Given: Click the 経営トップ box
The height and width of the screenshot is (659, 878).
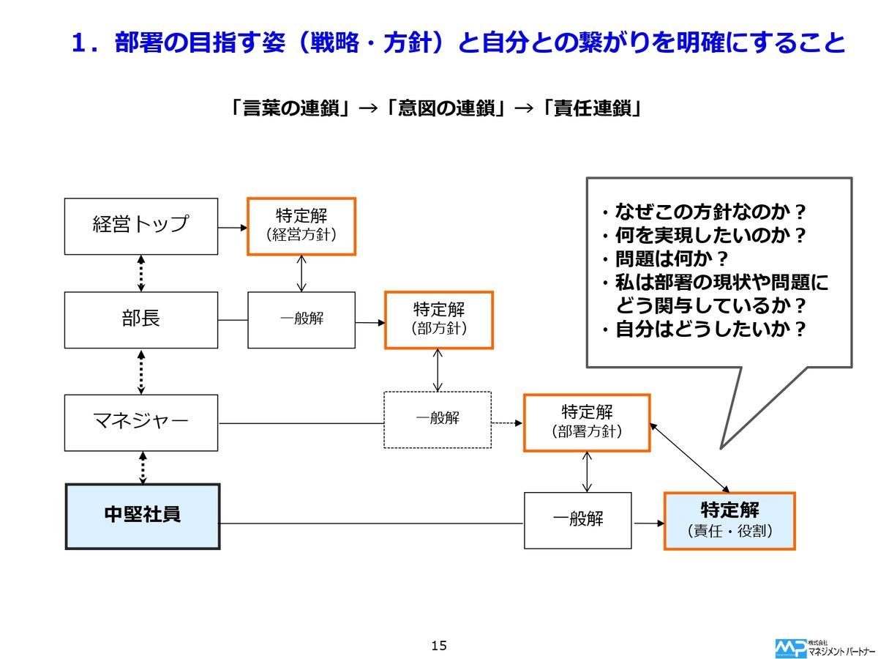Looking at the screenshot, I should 141,226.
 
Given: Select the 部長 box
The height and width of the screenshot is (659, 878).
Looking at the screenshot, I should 141,320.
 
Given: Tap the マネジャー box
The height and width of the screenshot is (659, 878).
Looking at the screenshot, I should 141,422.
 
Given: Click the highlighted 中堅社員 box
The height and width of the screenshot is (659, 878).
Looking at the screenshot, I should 143,515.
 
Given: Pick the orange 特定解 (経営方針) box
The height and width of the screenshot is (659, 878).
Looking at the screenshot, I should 301,226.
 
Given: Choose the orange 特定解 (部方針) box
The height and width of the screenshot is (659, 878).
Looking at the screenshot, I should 439,319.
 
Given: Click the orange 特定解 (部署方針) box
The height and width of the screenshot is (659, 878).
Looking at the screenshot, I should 587,422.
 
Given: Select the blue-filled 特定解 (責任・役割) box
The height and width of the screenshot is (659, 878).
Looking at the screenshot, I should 729,521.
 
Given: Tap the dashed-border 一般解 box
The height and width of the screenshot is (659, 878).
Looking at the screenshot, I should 438,420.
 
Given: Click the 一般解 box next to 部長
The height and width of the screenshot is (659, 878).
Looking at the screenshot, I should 301,320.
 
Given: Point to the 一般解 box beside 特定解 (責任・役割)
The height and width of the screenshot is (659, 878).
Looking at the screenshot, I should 577,521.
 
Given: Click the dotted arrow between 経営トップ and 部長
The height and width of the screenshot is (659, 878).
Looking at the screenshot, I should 141,273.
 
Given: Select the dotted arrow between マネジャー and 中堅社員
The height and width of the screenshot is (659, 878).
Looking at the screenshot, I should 143,467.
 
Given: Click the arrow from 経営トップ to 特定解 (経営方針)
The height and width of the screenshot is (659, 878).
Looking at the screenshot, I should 233,227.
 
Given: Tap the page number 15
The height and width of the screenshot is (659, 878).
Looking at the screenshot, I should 439,646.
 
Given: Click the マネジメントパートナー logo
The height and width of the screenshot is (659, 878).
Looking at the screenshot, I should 823,647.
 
